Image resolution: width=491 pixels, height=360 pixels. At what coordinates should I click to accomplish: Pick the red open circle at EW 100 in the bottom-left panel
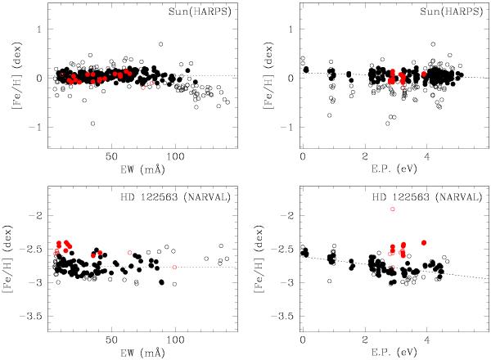coord(174,267)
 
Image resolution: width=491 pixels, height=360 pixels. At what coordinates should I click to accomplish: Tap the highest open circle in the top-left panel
coord(161,44)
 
